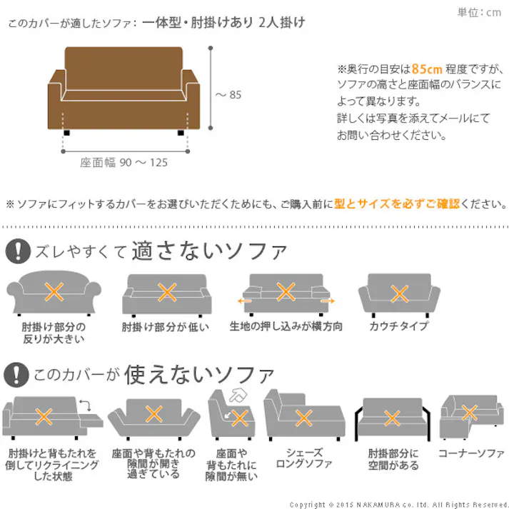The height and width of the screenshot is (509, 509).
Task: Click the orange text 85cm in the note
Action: click(x=427, y=69)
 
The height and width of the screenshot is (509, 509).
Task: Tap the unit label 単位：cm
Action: click(x=479, y=12)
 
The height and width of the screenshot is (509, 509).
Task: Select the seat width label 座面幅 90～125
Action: click(x=124, y=162)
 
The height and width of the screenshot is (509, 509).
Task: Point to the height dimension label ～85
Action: click(x=228, y=95)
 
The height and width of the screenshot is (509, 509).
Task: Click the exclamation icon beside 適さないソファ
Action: click(x=18, y=251)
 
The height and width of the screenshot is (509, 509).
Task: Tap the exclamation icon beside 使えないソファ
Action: click(x=16, y=375)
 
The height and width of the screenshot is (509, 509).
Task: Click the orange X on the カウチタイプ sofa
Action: click(x=400, y=294)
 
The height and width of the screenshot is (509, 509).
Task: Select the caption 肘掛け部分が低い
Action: click(x=165, y=326)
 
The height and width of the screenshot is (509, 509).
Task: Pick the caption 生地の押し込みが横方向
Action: click(x=286, y=326)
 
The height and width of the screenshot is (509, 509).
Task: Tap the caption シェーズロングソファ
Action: click(x=304, y=458)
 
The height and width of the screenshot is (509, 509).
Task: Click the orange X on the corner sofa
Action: click(x=470, y=413)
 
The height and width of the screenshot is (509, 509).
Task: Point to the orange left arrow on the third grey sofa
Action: click(x=244, y=301)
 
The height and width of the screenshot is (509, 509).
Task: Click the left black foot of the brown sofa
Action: click(x=67, y=133)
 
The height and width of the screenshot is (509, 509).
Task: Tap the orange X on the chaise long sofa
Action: click(x=304, y=418)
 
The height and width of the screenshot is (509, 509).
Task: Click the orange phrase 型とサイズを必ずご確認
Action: click(x=397, y=204)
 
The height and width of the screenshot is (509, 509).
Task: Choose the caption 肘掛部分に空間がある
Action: click(x=393, y=459)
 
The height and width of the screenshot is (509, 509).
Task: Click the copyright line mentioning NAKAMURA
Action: click(x=398, y=505)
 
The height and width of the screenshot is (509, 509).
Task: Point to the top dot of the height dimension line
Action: click(x=211, y=48)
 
